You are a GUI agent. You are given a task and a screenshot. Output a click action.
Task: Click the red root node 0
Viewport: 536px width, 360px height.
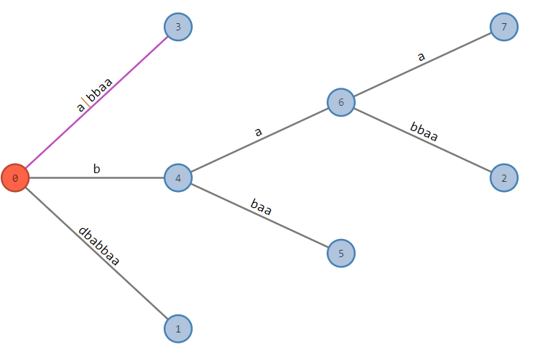14,177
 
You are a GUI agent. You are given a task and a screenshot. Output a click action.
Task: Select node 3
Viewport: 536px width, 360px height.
178,28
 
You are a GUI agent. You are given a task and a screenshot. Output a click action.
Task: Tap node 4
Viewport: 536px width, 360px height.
178,177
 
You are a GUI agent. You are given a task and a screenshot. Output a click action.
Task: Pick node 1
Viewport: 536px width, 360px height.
178,329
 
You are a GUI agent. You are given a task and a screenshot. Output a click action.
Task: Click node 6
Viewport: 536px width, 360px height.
341,102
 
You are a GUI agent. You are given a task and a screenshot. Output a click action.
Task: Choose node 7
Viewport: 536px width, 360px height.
504,28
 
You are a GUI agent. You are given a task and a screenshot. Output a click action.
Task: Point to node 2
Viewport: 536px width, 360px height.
504,177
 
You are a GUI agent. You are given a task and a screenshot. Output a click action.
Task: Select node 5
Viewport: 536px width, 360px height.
341,254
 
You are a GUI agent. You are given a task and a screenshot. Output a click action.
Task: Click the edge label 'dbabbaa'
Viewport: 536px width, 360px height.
99,246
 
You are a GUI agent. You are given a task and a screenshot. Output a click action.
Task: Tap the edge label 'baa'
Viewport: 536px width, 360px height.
261,207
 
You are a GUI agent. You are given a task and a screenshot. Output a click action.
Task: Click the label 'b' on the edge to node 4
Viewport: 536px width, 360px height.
96,169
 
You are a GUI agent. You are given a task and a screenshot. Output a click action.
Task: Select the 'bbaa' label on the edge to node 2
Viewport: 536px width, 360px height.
424,132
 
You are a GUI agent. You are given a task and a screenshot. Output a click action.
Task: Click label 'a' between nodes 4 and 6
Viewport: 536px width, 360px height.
258,132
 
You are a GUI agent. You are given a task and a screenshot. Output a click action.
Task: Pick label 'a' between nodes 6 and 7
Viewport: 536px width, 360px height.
421,56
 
